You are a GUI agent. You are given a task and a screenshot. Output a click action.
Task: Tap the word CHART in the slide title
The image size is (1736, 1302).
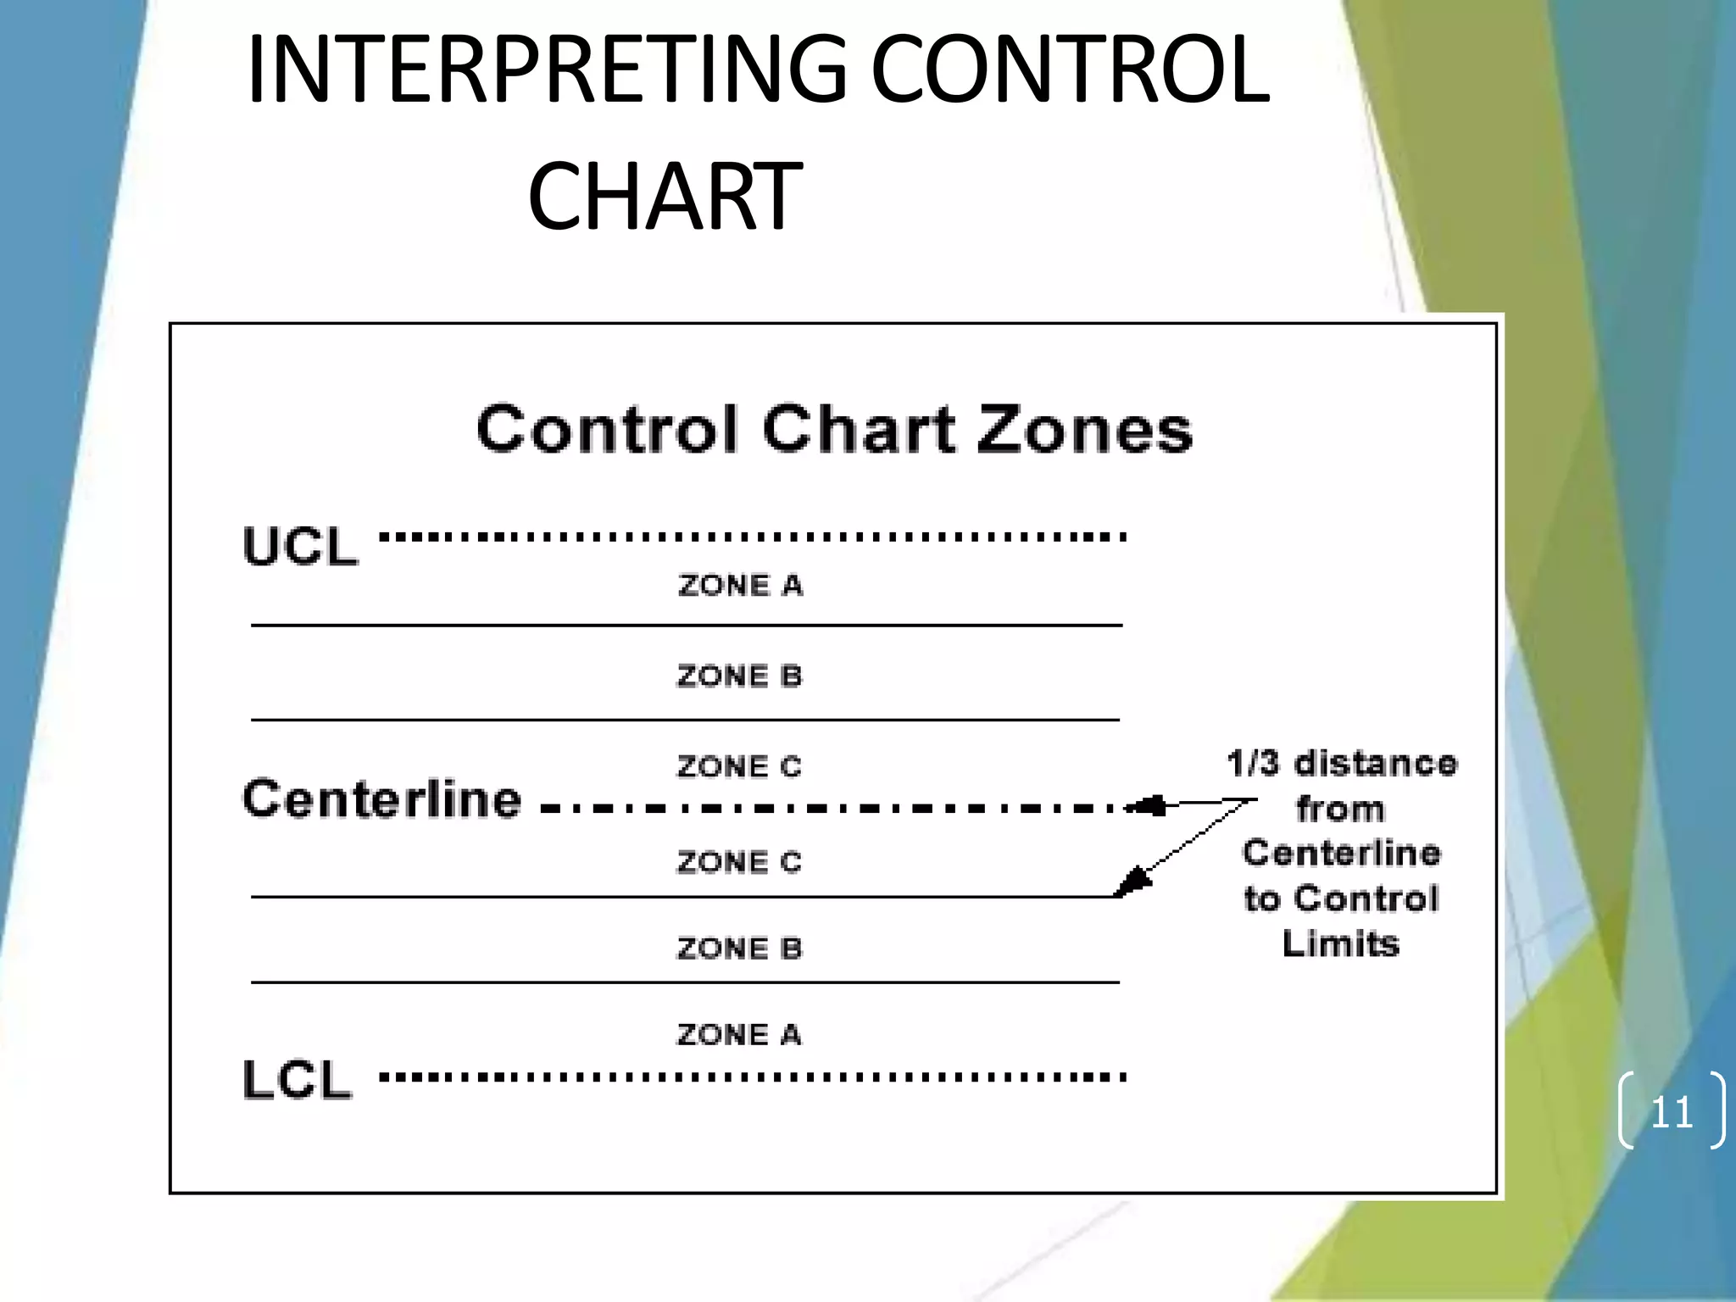(664, 197)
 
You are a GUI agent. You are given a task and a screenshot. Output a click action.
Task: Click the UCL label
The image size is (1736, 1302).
(300, 546)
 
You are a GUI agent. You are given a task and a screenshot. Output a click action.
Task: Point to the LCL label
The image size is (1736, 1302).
(297, 1080)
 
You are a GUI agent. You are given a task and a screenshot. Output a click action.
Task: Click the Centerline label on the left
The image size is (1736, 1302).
(381, 799)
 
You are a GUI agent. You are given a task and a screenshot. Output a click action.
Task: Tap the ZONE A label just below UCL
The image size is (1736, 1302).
(740, 586)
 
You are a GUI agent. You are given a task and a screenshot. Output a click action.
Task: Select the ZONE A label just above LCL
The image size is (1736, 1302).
(738, 1035)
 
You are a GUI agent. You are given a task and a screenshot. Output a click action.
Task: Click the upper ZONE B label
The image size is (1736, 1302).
(739, 676)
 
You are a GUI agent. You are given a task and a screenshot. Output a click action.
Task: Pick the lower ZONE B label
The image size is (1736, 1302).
(739, 949)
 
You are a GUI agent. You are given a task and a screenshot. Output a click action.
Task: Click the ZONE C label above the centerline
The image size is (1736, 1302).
(738, 767)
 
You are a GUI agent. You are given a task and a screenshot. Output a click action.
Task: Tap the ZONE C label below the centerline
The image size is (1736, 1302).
(738, 862)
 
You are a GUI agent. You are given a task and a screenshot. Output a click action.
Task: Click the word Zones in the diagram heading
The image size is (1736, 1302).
(1085, 430)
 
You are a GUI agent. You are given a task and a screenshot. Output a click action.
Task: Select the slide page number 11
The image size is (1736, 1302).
(1672, 1112)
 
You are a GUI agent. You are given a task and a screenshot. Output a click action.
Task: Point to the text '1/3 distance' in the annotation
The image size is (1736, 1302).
(1342, 764)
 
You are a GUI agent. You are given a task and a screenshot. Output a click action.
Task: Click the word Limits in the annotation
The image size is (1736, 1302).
(1340, 944)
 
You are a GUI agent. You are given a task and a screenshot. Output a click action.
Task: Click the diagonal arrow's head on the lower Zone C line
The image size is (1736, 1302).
(1129, 884)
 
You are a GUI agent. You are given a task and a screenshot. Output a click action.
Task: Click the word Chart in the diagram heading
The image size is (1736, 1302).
(859, 430)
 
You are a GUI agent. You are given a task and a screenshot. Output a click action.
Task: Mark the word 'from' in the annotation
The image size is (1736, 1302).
(1340, 810)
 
